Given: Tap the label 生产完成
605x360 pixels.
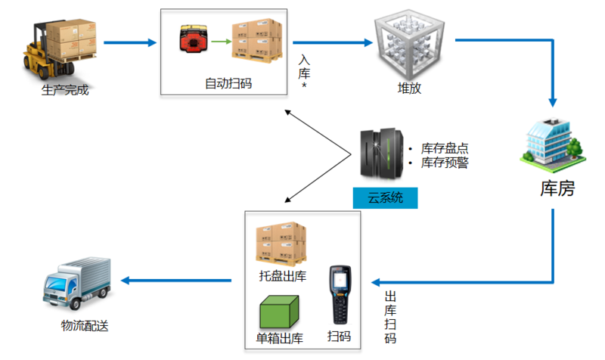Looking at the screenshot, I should [x=64, y=91].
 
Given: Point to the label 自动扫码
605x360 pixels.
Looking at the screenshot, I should [x=228, y=82].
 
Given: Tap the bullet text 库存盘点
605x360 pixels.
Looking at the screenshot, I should [x=444, y=147].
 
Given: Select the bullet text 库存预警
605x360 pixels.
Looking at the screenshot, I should [x=444, y=162].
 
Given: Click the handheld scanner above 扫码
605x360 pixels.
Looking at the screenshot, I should [x=339, y=295].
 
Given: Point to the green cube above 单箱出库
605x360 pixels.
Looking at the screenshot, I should [x=280, y=311].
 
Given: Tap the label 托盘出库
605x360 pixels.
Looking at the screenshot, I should [x=281, y=276].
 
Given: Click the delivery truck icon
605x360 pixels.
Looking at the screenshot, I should [x=76, y=285].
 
